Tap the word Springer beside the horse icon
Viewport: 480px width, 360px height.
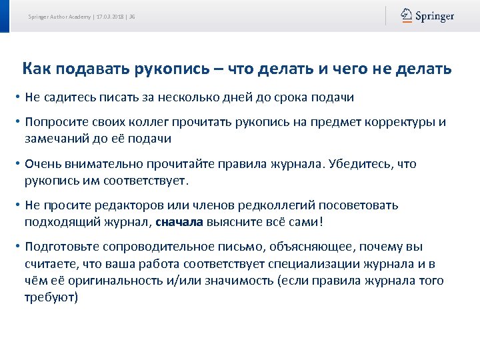(435, 16)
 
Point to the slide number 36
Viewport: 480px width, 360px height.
(132, 17)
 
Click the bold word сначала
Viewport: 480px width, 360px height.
(179, 221)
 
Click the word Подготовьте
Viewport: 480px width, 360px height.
(60, 247)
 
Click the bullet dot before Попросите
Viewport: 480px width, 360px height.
(17, 123)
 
